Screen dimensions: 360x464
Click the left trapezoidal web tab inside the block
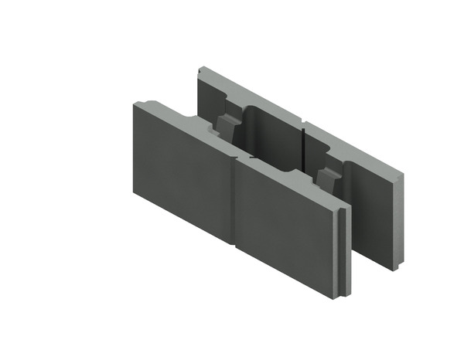pos(225,124)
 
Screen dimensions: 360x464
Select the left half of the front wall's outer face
pos(182,174)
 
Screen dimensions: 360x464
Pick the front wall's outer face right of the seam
pos(286,228)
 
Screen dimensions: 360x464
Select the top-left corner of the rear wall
pos(199,67)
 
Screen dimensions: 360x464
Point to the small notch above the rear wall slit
pos(305,124)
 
